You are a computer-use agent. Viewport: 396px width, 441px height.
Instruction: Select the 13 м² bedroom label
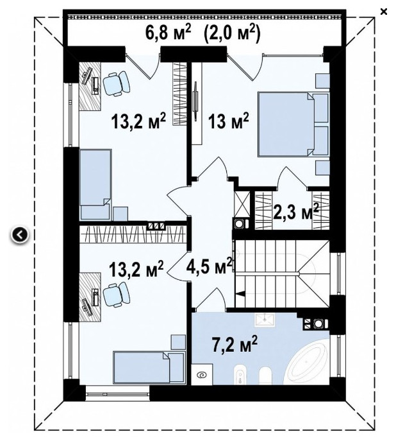pos(228,121)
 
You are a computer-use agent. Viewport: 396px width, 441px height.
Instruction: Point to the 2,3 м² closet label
pos(295,211)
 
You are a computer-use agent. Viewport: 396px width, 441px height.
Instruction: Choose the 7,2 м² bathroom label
pos(235,345)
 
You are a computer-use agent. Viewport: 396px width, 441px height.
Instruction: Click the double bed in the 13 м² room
pos(293,124)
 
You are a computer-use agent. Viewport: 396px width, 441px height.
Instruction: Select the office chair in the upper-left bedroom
pos(117,83)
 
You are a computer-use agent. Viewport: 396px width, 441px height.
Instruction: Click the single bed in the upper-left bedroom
pos(95,184)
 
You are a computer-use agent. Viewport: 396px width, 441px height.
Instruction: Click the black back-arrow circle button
pos(19,235)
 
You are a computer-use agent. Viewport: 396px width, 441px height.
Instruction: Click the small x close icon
pos(384,12)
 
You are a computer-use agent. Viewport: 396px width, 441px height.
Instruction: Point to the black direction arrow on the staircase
pos(240,293)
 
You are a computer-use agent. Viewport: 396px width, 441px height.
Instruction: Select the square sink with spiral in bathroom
pos(202,375)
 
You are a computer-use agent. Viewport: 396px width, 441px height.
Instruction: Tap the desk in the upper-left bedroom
pos(90,86)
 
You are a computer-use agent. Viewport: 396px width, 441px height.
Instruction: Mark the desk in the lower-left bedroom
pos(90,297)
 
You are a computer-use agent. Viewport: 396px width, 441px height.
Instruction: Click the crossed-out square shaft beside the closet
pos(242,203)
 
